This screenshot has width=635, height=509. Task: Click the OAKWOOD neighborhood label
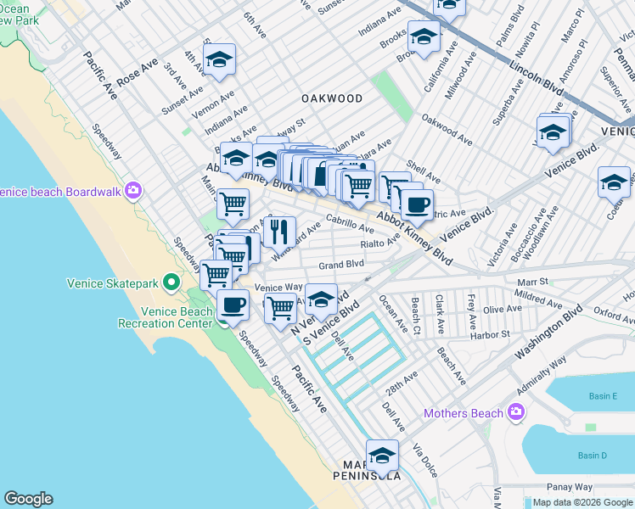(331, 98)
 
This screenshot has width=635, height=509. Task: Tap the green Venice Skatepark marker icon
(171, 281)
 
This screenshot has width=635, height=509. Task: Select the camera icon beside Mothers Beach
(515, 413)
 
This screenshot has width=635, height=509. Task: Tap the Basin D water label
(592, 456)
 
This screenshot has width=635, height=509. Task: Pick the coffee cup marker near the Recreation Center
(233, 305)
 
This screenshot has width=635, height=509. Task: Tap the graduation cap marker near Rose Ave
(220, 60)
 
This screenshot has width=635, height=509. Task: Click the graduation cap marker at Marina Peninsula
(382, 456)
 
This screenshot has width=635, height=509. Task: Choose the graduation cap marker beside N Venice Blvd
(321, 299)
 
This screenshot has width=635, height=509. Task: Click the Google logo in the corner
(29, 499)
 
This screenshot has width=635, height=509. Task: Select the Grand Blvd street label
(341, 266)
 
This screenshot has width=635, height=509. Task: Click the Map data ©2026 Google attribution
(578, 502)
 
